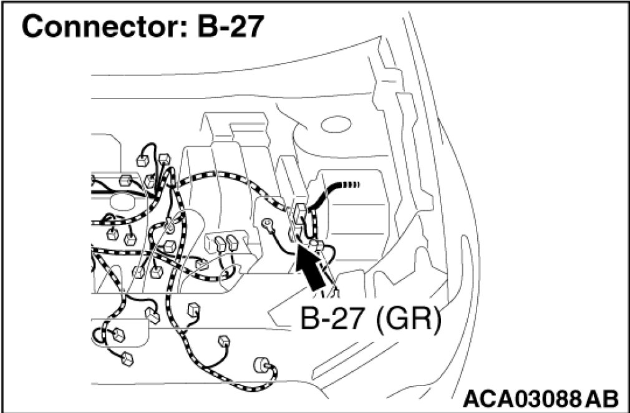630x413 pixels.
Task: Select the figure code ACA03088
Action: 523,398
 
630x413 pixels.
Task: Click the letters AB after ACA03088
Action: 603,398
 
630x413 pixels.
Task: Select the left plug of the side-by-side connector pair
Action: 219,242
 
